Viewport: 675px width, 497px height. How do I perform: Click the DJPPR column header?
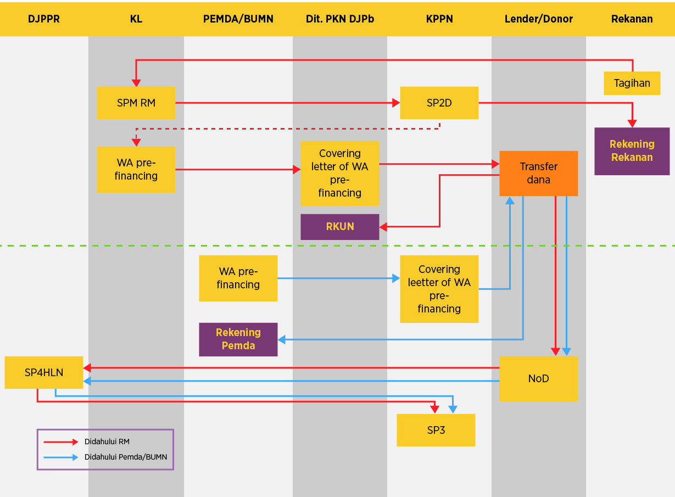tap(44, 19)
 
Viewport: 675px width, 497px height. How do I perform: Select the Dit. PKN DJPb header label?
tap(340, 19)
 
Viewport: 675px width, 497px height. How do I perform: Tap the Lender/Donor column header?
tap(539, 19)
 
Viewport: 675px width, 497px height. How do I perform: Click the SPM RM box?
tap(136, 103)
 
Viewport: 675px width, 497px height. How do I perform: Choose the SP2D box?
tap(439, 103)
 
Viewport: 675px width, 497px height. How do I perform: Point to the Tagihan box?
tap(632, 83)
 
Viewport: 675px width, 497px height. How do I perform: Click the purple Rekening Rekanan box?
tap(632, 151)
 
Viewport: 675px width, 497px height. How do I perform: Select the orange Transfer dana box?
tap(539, 173)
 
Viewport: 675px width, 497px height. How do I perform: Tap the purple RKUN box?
tap(340, 227)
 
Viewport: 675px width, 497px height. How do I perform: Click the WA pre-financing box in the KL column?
tap(136, 170)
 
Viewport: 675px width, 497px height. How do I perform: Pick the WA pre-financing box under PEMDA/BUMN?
tap(238, 278)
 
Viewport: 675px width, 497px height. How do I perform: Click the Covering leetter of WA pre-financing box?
tap(439, 289)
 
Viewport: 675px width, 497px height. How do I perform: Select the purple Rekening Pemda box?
tap(238, 339)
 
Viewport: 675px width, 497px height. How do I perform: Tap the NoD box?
tap(539, 379)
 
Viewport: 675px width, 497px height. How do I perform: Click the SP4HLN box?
tap(44, 373)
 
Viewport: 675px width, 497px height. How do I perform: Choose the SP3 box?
tap(436, 430)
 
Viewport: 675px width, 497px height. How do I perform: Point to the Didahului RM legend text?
tap(107, 442)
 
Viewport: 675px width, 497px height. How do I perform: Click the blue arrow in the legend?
tap(61, 457)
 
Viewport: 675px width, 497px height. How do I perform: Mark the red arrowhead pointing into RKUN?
tap(383, 227)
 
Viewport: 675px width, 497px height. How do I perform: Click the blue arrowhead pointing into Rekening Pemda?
tap(282, 339)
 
